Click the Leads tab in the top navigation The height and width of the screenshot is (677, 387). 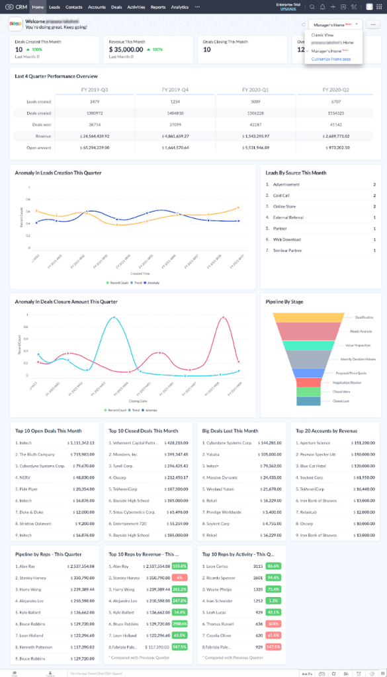(x=55, y=7)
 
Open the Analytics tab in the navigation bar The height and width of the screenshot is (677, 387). (x=179, y=7)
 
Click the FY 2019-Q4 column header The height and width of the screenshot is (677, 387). (x=175, y=89)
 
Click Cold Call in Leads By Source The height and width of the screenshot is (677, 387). (x=282, y=196)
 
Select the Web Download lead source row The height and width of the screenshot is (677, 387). (x=287, y=240)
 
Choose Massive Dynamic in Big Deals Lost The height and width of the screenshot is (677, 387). (x=224, y=475)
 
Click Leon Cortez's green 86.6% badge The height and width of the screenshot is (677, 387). (x=273, y=566)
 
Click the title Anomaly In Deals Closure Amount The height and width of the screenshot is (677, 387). (x=66, y=301)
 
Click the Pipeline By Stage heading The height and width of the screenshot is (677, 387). (x=284, y=301)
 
